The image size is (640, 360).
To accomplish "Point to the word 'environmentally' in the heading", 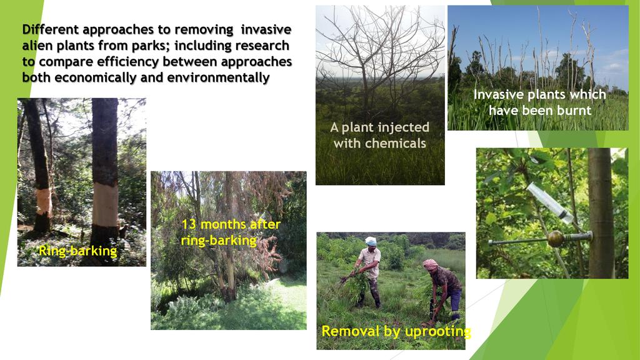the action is (218, 77).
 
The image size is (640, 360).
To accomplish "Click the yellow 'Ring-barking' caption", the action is (77, 251).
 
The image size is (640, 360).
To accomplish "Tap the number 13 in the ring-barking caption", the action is (189, 224).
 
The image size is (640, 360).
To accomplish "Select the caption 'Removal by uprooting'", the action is (396, 331).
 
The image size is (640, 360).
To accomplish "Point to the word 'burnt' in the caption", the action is (575, 110).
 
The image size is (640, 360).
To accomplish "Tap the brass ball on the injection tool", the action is (556, 238).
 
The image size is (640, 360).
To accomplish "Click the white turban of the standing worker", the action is (371, 241).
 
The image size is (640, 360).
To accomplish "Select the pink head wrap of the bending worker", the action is (430, 264).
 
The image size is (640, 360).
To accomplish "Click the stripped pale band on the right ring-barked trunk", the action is (105, 204).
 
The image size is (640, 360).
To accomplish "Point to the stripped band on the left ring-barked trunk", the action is (43, 202).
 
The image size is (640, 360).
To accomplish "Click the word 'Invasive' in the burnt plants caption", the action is (499, 94).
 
